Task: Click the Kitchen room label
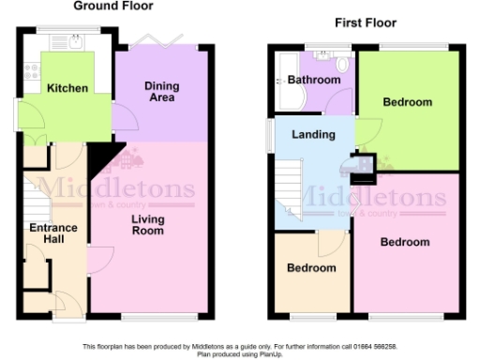coord(67,89)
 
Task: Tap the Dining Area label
coord(161,92)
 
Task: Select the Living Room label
coord(148,225)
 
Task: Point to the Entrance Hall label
coord(53,233)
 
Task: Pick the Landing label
coord(313,135)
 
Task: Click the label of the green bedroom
coord(408,102)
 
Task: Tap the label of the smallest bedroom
coord(311,268)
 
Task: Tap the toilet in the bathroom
coord(342,64)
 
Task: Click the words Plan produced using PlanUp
coord(239,353)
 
